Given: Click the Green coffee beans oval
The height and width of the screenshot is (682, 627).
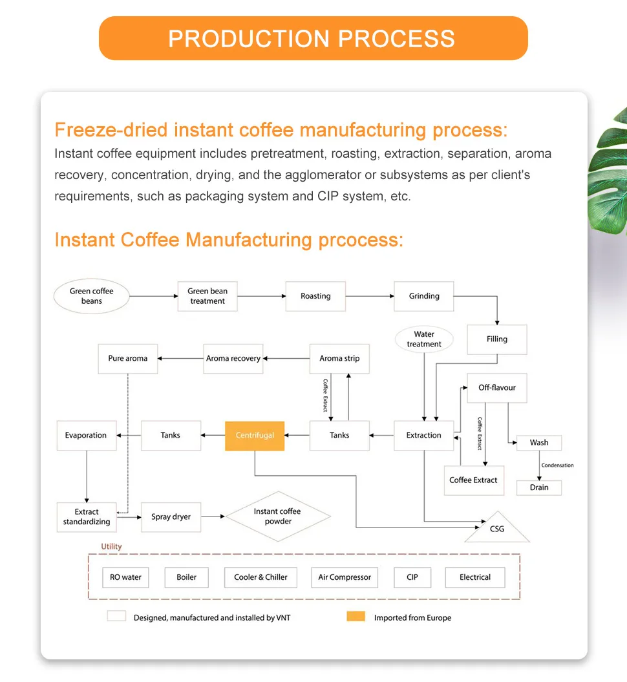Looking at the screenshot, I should (91, 296).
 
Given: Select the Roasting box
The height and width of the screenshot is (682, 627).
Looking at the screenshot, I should (315, 296).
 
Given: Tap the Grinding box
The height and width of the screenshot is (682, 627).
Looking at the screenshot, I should (424, 296).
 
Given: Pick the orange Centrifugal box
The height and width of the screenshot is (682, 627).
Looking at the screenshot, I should (255, 435).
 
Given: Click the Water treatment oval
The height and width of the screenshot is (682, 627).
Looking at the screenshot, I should (424, 339).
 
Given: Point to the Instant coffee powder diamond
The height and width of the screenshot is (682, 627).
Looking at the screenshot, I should (277, 516).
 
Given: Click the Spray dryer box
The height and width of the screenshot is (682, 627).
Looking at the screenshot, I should (171, 517).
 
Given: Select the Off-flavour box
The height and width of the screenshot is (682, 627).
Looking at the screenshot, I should (497, 388).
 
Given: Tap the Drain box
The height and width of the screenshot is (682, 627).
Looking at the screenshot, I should (539, 487).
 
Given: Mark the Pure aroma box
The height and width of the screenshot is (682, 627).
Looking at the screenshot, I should (127, 358).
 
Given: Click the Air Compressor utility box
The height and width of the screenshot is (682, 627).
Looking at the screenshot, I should (345, 577).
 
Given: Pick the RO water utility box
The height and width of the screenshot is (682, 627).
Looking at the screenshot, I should (125, 577).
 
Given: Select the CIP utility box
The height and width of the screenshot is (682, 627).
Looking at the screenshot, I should (412, 577).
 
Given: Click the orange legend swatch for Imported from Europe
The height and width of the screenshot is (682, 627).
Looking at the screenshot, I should (356, 617).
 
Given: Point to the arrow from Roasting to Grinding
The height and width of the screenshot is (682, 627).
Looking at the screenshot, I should (370, 296).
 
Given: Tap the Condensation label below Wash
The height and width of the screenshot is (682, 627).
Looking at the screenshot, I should (557, 465).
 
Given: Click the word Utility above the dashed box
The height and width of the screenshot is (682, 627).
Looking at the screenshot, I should (111, 547).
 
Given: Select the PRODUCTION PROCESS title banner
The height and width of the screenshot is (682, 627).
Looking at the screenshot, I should (313, 38).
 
